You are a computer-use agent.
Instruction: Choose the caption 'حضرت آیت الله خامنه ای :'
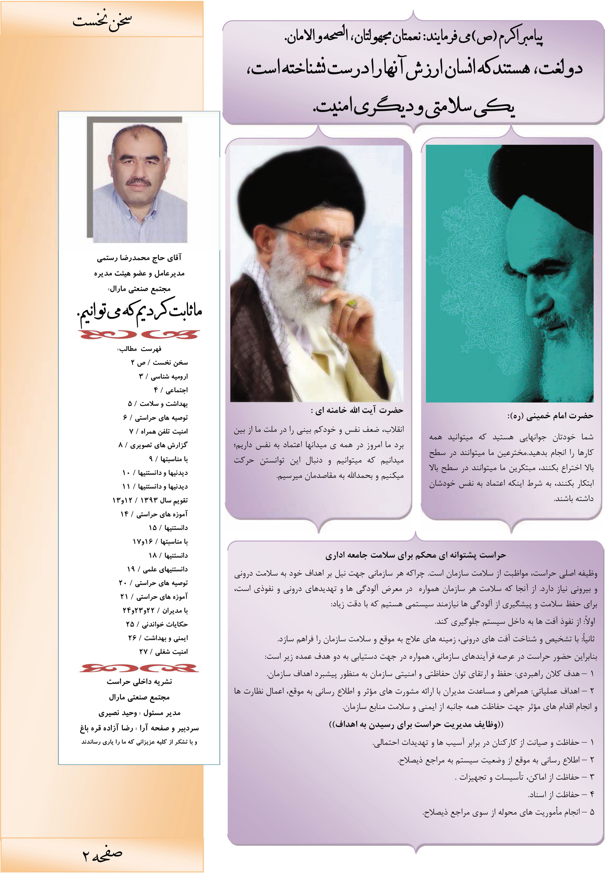[x=357, y=410]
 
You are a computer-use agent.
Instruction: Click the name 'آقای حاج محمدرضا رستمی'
[x=139, y=258]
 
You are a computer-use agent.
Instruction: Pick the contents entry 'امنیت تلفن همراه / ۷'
[x=158, y=431]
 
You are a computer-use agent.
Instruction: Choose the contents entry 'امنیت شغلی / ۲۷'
[x=163, y=652]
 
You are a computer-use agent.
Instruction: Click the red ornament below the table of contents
[x=139, y=668]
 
